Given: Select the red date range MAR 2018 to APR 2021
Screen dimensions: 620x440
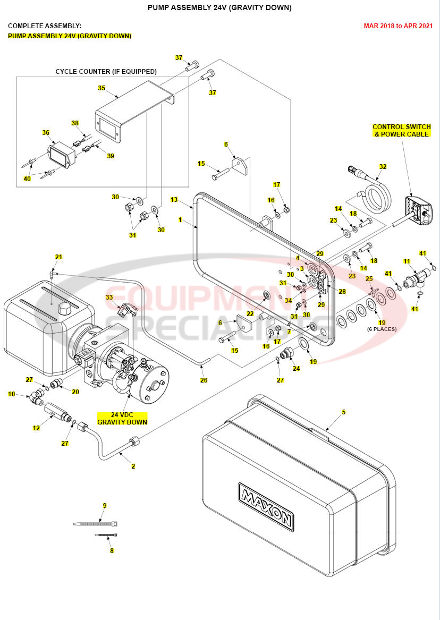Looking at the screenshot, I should (397, 26).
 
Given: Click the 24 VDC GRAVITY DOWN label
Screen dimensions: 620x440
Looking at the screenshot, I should (122, 418).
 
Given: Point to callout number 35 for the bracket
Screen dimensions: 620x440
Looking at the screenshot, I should (101, 88).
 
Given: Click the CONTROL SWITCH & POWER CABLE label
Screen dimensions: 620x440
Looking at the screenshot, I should (401, 131).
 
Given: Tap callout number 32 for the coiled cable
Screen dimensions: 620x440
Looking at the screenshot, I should (383, 166).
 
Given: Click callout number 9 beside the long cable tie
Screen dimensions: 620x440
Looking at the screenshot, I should (105, 505).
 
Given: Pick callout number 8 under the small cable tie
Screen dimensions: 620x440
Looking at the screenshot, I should (112, 551).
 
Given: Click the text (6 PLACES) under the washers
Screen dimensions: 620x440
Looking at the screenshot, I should (382, 329).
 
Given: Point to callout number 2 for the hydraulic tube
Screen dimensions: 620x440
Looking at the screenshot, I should (133, 466).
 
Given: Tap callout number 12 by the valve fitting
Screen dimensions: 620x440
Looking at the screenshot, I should (36, 428).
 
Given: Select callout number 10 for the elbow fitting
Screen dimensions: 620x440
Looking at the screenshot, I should (11, 394).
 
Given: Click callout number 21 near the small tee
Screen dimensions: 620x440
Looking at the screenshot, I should (58, 257).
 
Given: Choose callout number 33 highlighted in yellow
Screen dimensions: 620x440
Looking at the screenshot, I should (109, 298).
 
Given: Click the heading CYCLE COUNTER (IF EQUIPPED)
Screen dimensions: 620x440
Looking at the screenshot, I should (106, 71).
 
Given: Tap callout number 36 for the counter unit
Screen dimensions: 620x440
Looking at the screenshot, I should (46, 133).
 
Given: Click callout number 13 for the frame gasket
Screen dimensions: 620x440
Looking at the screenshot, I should (174, 199).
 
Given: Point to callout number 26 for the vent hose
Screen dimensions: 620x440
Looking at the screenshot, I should (204, 380).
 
